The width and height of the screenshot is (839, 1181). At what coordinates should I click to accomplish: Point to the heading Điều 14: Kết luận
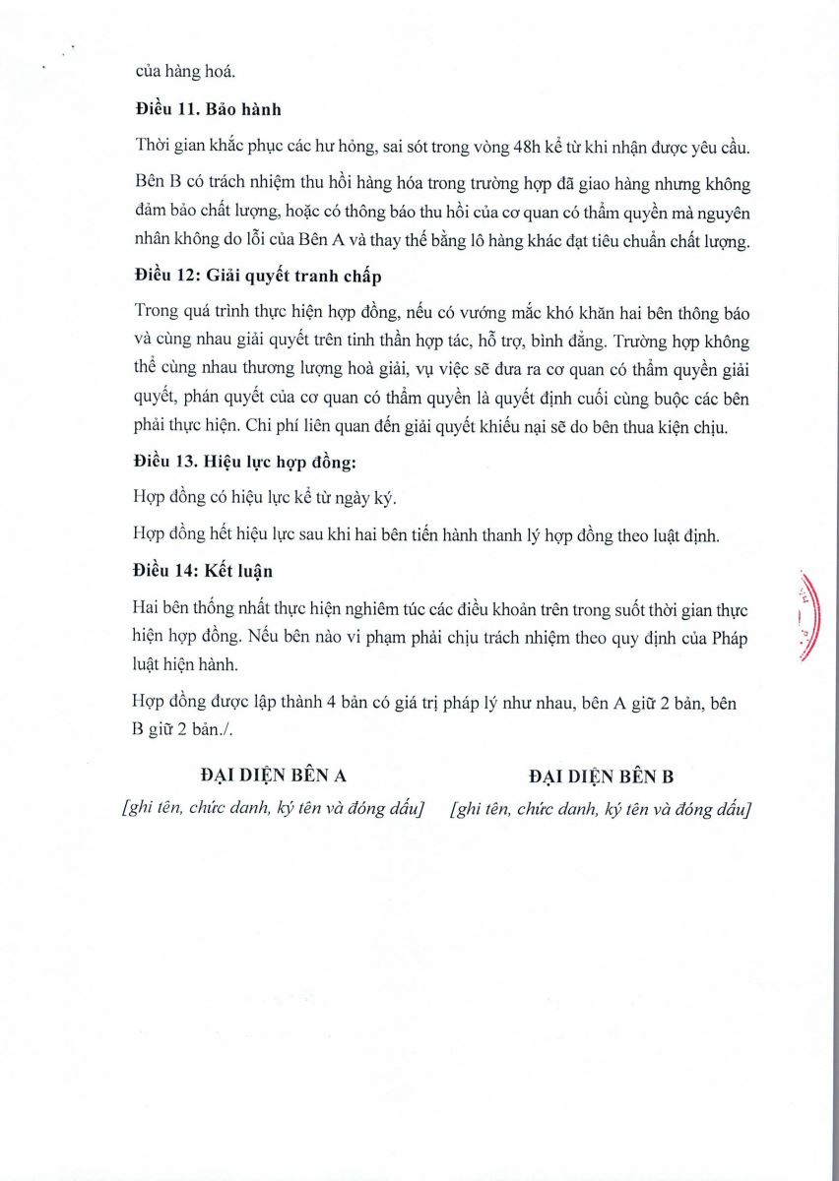pyautogui.click(x=203, y=571)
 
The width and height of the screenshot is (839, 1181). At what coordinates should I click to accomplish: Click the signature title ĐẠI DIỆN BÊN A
pyautogui.click(x=273, y=776)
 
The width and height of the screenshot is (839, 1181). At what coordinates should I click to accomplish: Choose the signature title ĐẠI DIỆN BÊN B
pyautogui.click(x=601, y=776)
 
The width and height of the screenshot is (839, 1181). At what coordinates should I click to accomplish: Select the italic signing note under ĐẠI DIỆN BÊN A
pyautogui.click(x=273, y=809)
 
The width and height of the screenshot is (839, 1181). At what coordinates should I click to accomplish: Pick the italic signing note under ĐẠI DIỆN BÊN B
pyautogui.click(x=601, y=809)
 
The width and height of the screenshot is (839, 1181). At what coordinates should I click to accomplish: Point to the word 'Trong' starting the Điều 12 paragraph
pyautogui.click(x=154, y=311)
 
